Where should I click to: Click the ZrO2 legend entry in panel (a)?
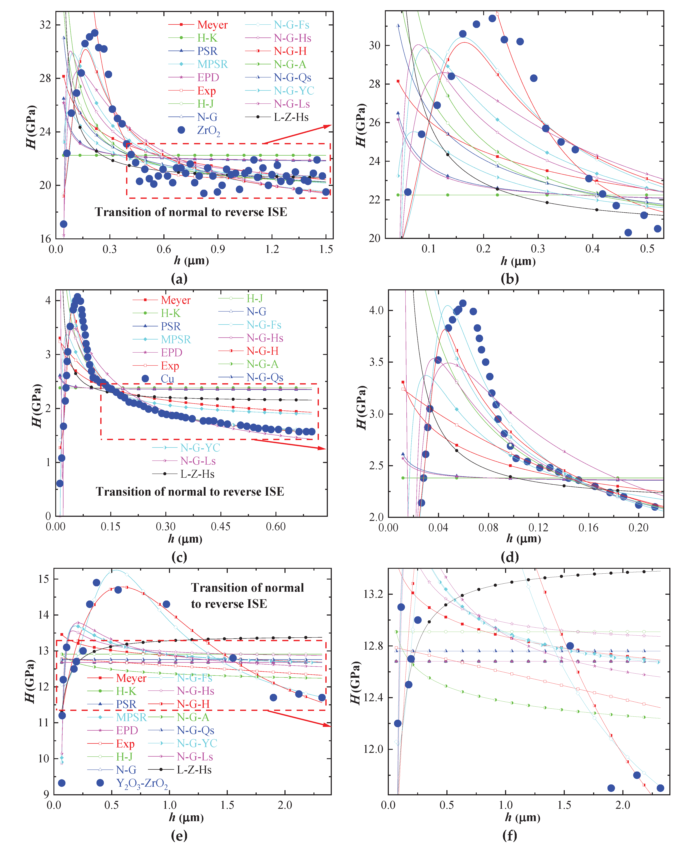208,130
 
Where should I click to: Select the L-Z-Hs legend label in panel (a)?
291,117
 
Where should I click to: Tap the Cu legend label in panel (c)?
167,378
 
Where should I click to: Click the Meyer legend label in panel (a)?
212,25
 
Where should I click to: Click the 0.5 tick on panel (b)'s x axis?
647,249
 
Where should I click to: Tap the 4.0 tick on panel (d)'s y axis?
376,310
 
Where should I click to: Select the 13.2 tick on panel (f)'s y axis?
373,594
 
